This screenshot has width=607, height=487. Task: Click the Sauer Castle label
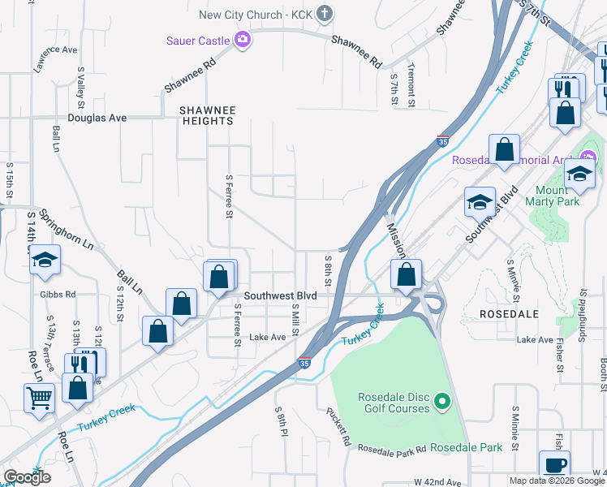point(198,39)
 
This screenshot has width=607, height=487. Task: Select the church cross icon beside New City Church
point(324,13)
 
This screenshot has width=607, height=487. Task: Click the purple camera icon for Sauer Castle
point(242,39)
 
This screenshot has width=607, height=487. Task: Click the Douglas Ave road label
point(97,118)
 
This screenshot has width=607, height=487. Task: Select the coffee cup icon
point(554,465)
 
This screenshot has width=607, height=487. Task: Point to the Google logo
point(27,477)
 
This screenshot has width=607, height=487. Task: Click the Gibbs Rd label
point(58,294)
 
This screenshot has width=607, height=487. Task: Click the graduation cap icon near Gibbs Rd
point(45,260)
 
